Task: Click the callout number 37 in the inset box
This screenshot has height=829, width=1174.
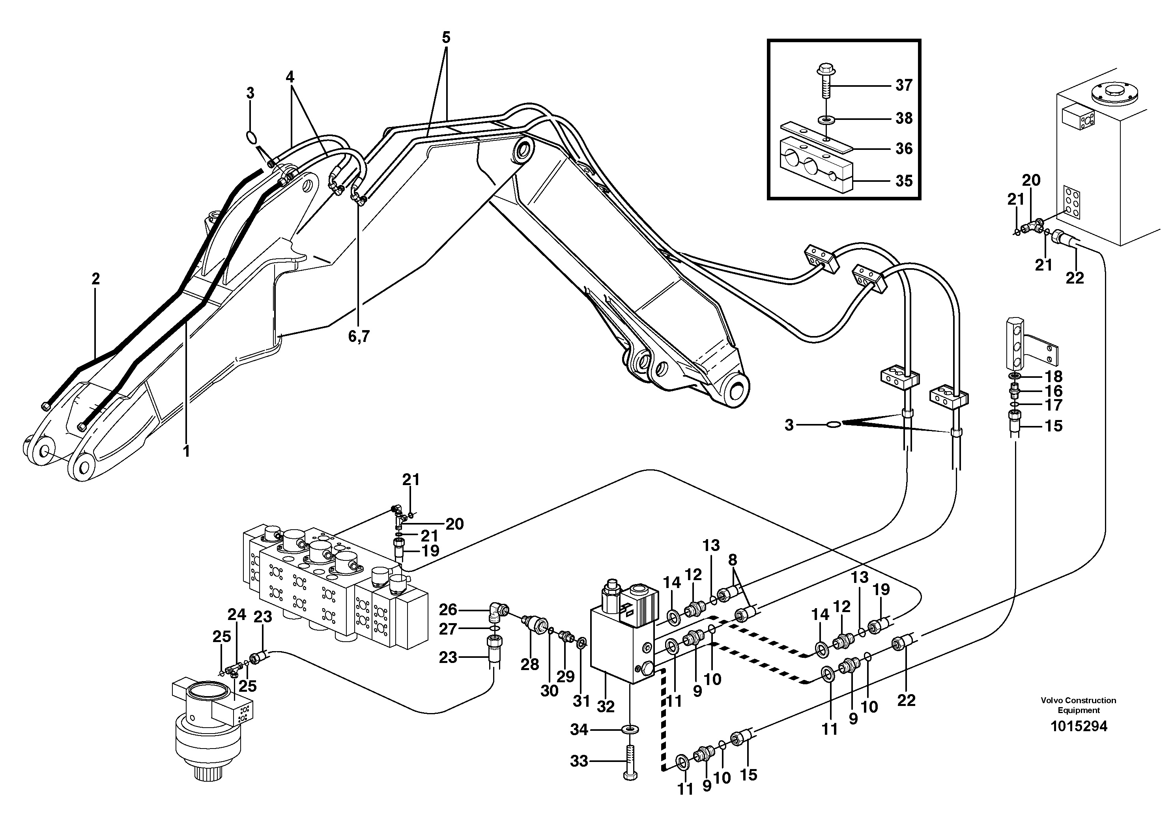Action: pos(903,85)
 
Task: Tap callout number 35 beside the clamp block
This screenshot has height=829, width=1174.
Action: pos(903,181)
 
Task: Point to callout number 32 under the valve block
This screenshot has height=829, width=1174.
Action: pos(606,707)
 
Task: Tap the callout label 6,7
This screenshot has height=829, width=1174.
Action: pos(359,336)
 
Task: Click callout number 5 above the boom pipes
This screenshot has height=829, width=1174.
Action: pos(446,37)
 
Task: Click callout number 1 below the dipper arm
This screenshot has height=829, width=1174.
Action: pos(187,451)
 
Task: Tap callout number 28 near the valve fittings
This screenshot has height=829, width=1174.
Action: pos(530,665)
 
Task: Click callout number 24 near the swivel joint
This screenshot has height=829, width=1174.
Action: pos(237,614)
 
